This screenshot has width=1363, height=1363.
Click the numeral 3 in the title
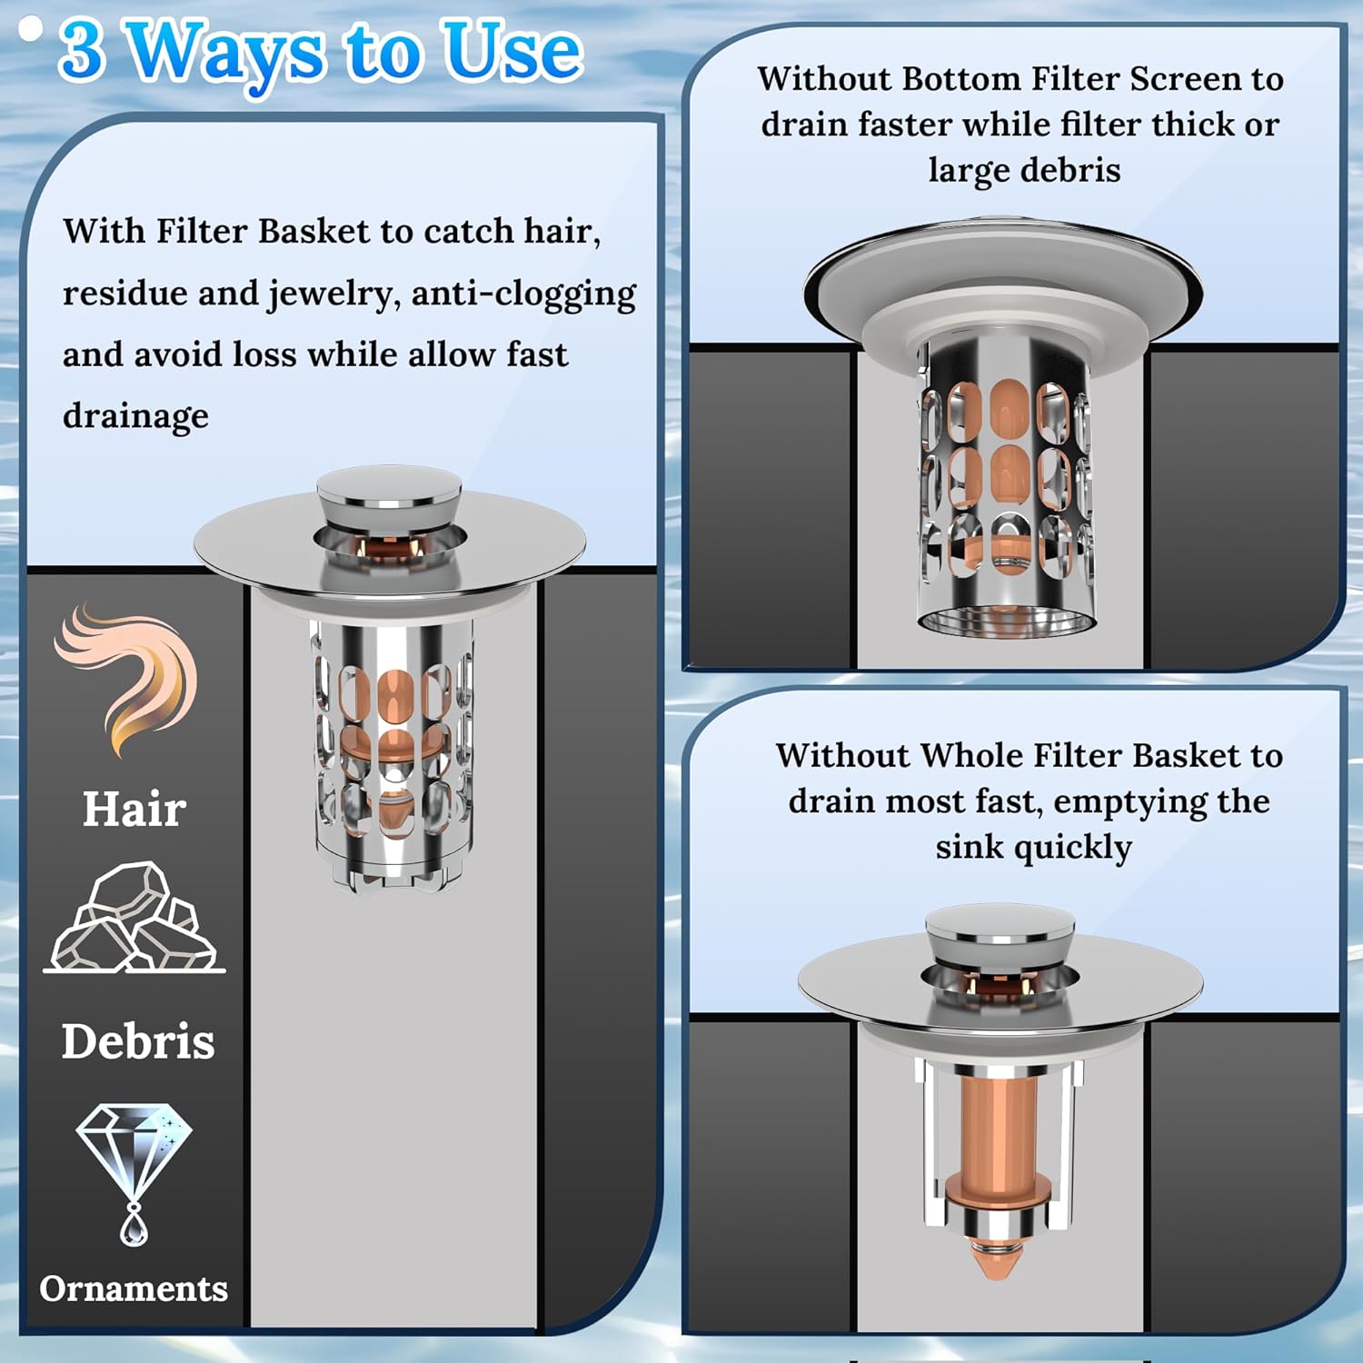[x=81, y=51]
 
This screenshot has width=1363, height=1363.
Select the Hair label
[x=134, y=808]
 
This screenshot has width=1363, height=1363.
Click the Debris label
[x=138, y=1041]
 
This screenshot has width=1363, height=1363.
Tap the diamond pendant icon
[x=134, y=1172]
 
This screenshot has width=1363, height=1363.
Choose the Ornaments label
[x=134, y=1288]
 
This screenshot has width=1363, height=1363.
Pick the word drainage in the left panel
[x=135, y=417]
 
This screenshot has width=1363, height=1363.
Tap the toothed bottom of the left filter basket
[x=393, y=874]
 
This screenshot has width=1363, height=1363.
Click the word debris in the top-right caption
[x=1071, y=171]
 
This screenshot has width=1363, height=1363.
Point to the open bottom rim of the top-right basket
[x=1007, y=623]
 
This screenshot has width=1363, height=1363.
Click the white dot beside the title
[x=31, y=29]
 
